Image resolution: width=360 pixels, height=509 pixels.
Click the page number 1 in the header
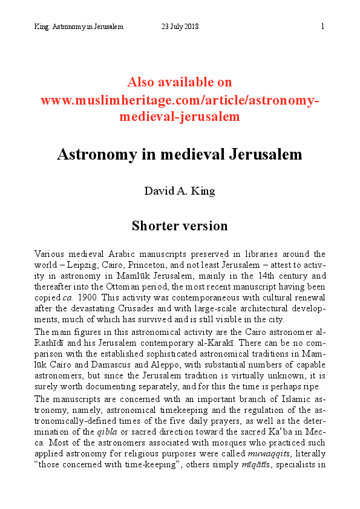322,27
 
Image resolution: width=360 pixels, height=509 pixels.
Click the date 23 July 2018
180,27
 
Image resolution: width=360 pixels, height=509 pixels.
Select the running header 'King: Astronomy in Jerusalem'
79,27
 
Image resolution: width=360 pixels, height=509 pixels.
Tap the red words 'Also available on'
180,82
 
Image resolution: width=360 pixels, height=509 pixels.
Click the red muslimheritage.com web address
180,100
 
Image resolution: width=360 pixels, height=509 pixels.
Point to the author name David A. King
180,191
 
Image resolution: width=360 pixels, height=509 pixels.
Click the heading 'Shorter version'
180,226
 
